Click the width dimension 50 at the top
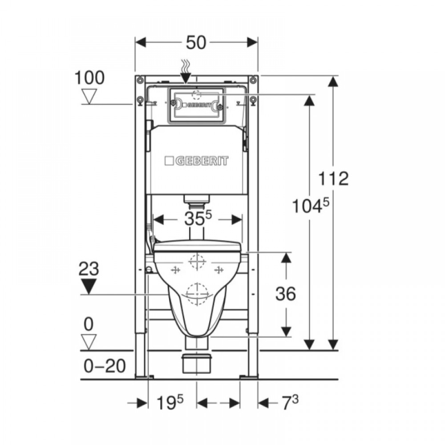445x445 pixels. point(196,43)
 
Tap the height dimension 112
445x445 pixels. point(333,178)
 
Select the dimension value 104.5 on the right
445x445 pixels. point(311,205)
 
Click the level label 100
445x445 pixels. point(89,78)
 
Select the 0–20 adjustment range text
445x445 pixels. point(105,366)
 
